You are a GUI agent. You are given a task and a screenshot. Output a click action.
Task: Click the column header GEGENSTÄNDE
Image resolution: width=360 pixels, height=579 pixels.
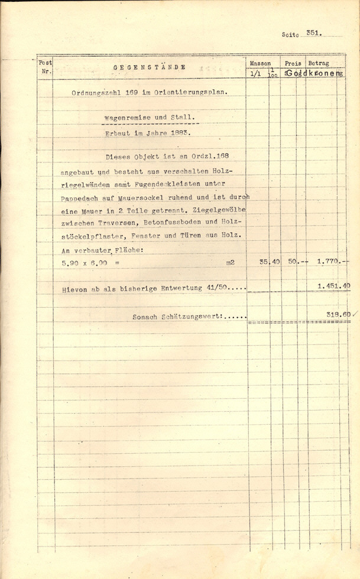tap(149, 67)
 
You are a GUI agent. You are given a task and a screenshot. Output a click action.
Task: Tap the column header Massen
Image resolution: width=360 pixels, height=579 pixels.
tap(260, 63)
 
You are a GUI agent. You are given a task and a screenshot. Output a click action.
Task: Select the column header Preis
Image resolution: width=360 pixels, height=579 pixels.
tap(292, 63)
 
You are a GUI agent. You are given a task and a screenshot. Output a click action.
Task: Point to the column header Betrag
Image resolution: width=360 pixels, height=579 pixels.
tap(319, 63)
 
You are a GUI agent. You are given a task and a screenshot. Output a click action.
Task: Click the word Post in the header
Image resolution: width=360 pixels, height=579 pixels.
tap(45, 63)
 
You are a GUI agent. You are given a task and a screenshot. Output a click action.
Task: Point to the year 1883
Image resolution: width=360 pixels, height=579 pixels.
tap(177, 133)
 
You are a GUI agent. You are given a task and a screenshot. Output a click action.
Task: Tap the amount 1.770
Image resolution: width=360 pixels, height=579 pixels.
tap(327, 262)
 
